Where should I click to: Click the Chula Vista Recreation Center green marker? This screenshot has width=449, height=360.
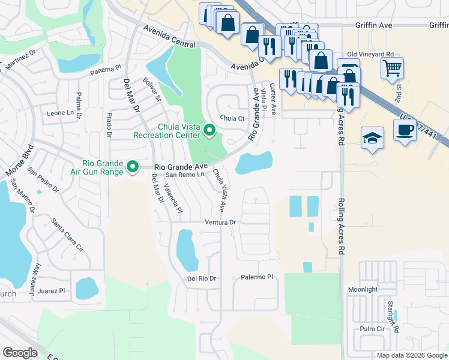pyautogui.click(x=209, y=130)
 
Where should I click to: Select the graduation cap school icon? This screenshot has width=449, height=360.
pyautogui.click(x=372, y=139)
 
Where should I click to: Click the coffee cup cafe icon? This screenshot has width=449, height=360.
pyautogui.click(x=405, y=130)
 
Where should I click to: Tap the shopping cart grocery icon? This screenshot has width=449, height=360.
pyautogui.click(x=392, y=68)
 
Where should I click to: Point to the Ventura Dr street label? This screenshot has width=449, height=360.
pyautogui.click(x=221, y=222)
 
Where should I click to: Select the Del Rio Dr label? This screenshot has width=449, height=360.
pyautogui.click(x=201, y=278)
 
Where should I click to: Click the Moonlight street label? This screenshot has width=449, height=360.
pyautogui.click(x=363, y=289)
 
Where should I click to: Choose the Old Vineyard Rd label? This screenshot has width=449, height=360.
pyautogui.click(x=370, y=54)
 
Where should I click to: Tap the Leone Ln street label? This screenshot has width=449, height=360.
pyautogui.click(x=64, y=113)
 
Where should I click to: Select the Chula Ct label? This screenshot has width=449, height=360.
pyautogui.click(x=232, y=118)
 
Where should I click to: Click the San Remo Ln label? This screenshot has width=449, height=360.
pyautogui.click(x=185, y=175)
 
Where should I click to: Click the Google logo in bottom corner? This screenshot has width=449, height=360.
pyautogui.click(x=20, y=352)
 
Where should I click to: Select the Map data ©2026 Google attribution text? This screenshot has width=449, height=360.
pyautogui.click(x=412, y=355)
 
